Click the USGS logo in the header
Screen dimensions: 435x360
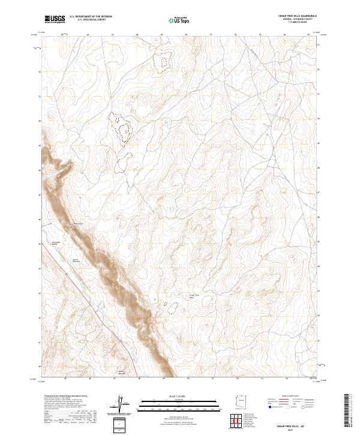point(55,19)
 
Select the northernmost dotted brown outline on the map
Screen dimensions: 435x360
point(163,61)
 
